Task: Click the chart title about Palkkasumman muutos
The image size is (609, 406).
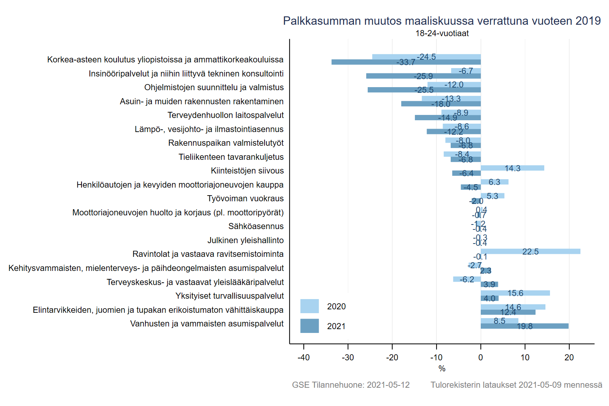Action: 442,21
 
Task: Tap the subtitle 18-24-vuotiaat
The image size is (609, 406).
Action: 442,33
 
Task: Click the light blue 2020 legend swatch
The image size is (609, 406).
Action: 309,306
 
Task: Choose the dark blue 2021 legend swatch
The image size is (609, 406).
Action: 309,326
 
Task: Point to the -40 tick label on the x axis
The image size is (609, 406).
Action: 303,358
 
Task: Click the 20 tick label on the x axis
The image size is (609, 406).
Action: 569,358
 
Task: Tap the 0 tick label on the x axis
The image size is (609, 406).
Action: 481,358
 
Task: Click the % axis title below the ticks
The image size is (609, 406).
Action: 442,369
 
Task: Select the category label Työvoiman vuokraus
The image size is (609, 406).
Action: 246,199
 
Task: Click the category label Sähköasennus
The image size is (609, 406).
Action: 256,226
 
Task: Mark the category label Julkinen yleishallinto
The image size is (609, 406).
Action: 246,240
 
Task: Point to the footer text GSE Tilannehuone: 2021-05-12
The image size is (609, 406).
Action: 351,385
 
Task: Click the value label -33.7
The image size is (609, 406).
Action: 406,62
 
